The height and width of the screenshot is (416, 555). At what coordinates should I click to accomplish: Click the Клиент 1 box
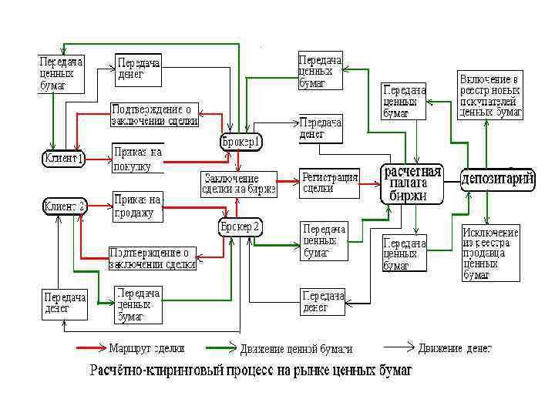[63, 159]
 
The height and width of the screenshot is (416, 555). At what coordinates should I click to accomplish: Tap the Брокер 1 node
[241, 142]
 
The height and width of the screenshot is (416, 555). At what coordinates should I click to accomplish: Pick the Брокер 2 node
[240, 227]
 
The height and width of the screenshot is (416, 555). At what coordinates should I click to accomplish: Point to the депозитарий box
[498, 179]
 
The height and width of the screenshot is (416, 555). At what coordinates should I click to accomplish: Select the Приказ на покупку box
[138, 158]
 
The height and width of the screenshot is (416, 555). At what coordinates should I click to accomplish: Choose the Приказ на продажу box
[138, 206]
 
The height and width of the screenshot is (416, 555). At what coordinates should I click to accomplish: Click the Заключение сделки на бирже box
[238, 183]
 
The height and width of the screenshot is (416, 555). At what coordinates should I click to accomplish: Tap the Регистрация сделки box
[330, 183]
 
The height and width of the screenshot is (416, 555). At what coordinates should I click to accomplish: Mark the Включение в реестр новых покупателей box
[491, 96]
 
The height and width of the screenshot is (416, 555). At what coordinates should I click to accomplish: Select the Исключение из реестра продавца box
[490, 253]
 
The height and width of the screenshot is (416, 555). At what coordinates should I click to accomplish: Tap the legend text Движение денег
[454, 348]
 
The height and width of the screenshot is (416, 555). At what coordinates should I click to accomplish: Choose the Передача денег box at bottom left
[64, 303]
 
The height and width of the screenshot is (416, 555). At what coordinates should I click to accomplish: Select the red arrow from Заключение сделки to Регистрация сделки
[289, 183]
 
